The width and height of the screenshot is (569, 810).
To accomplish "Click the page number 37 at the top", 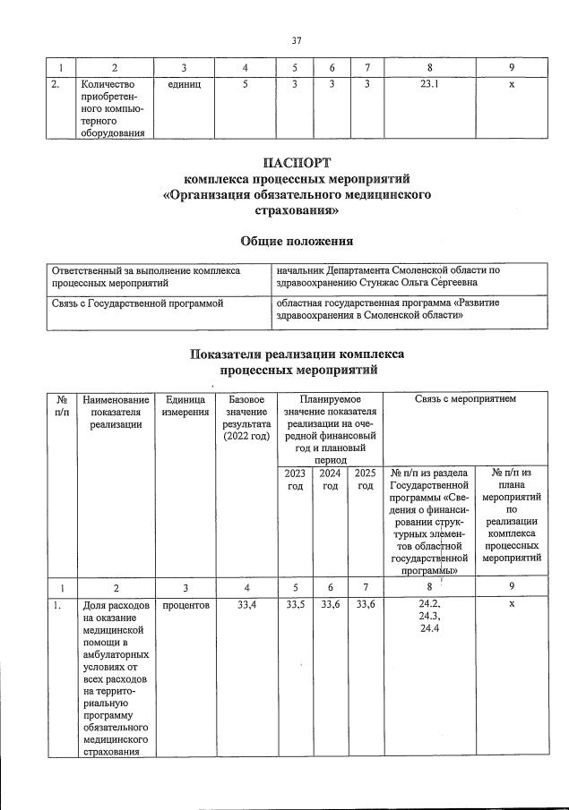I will (x=297, y=39).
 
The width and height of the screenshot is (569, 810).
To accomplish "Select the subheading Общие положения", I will (x=297, y=241).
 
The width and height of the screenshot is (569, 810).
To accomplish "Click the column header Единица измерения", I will (x=183, y=405).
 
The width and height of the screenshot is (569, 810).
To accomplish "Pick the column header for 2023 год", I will (x=295, y=479).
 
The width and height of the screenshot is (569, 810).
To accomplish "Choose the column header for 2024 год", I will (x=330, y=479).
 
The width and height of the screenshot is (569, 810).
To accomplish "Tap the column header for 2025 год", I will (x=364, y=479).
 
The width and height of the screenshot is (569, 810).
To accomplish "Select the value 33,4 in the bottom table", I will (x=245, y=605).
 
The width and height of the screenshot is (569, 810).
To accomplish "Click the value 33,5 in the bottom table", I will (x=295, y=605).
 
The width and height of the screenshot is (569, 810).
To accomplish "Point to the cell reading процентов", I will (x=183, y=605).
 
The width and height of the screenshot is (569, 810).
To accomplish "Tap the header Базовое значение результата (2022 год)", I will (x=245, y=417).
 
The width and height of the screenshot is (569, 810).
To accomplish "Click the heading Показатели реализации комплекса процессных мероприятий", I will (x=297, y=361).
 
